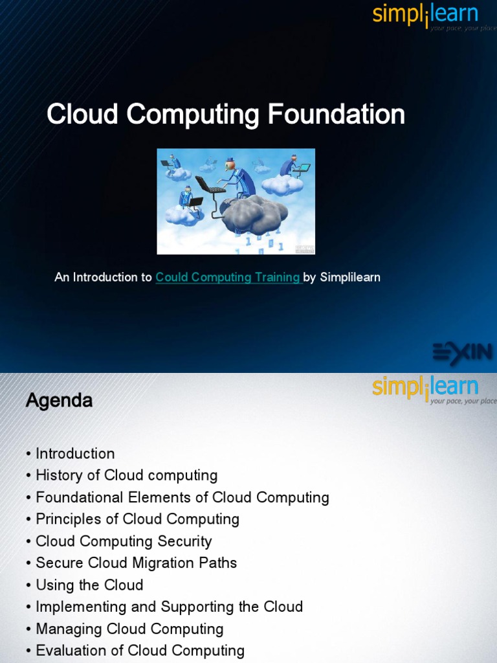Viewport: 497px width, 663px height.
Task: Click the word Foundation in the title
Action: (x=336, y=115)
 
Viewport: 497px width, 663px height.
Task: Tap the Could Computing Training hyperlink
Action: (x=228, y=277)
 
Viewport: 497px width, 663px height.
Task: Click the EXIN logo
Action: (x=462, y=353)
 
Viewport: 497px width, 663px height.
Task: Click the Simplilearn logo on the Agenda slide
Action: (x=425, y=389)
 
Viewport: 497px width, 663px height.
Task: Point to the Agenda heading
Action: (x=59, y=401)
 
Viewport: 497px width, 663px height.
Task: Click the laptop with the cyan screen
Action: (x=301, y=168)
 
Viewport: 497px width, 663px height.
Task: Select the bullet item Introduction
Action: (x=75, y=453)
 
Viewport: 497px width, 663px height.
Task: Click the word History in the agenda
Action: (x=60, y=475)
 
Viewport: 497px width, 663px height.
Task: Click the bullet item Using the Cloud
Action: (x=89, y=585)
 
